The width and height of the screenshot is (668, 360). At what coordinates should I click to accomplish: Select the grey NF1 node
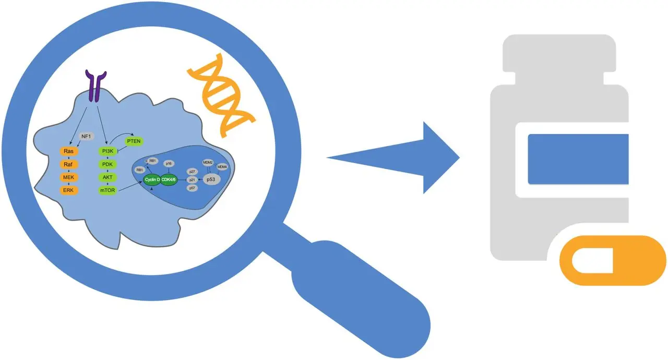pos(86,137)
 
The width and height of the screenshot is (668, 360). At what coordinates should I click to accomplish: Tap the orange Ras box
pos(68,152)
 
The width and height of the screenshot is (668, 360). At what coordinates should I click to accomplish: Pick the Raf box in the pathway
pos(68,165)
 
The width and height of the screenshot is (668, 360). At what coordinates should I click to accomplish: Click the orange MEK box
pos(68,178)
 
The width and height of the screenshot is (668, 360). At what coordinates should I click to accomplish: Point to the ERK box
pos(68,191)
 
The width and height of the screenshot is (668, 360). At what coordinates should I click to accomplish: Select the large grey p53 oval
pos(211,179)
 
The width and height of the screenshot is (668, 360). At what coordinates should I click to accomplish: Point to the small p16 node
pos(169,163)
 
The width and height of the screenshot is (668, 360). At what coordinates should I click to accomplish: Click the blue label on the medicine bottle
pos(578,159)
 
